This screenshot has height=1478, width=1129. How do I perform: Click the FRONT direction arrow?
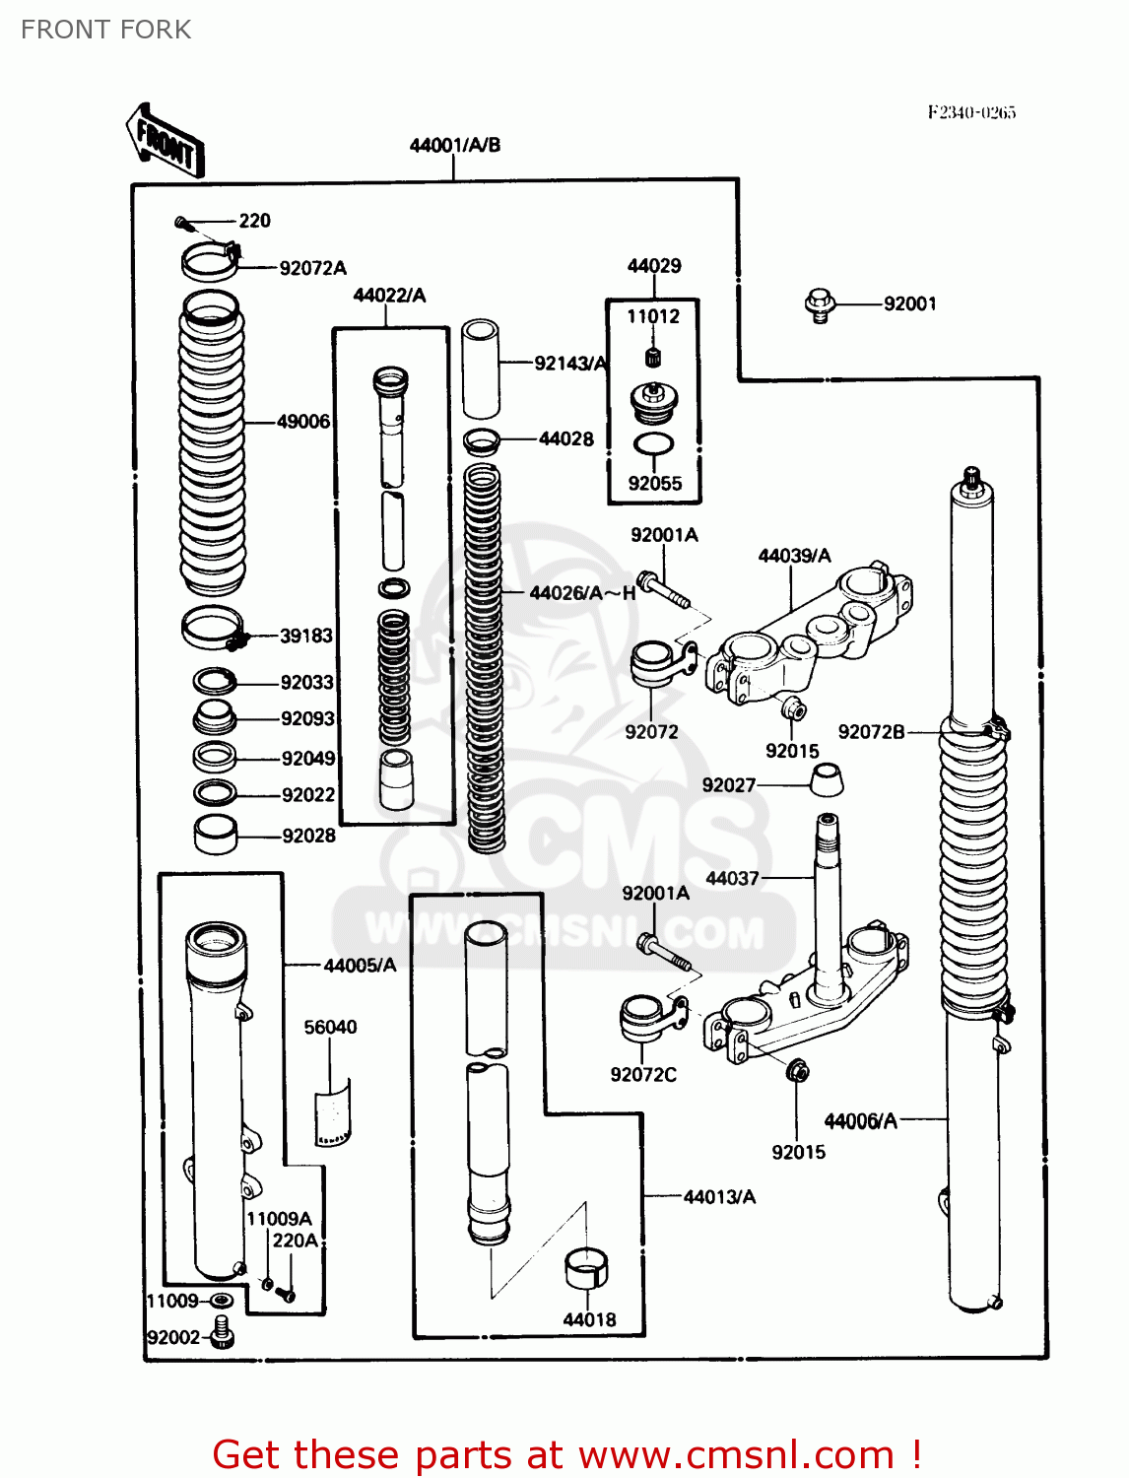tap(165, 141)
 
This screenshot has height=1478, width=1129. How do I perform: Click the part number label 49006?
tap(303, 422)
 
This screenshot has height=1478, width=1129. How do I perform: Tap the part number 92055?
tap(655, 484)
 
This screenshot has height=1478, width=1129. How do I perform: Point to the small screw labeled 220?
tap(182, 223)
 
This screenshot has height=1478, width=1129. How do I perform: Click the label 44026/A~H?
tap(582, 593)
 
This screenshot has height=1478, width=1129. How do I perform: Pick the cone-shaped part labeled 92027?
tap(827, 780)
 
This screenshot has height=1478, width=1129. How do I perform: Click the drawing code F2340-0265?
tap(970, 112)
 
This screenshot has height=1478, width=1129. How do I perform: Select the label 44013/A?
tap(719, 1197)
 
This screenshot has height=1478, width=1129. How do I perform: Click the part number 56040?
tap(330, 1028)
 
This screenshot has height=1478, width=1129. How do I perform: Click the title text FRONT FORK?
tap(106, 30)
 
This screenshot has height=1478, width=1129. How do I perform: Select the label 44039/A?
tap(794, 556)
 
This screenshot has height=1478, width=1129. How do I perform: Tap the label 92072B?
tap(871, 732)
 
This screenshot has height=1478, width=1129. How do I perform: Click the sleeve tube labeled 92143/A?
tap(481, 369)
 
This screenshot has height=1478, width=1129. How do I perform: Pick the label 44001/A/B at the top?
tap(454, 146)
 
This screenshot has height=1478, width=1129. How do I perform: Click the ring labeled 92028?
tap(216, 835)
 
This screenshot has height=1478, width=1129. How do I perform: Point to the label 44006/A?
tap(860, 1121)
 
